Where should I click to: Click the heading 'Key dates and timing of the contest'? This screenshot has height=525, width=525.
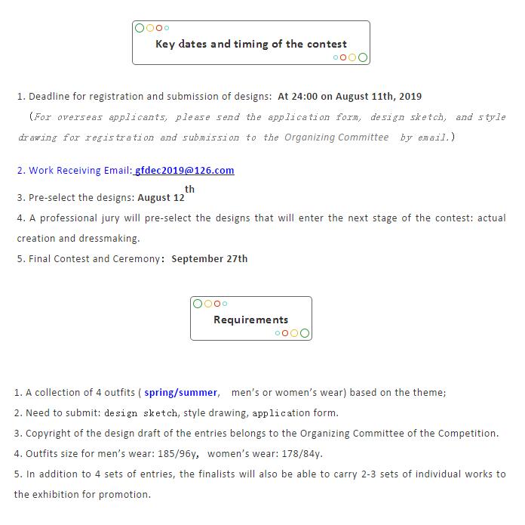250,44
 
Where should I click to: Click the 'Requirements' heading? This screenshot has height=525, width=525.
250,320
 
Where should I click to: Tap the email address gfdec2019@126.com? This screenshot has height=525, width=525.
185,171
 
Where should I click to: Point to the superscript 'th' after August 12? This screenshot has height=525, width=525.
189,190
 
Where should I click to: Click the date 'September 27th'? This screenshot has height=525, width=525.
209,258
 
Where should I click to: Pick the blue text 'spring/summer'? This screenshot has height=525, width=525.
180,393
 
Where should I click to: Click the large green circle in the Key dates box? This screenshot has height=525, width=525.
363,57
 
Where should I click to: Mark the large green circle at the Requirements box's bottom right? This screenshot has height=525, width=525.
305,333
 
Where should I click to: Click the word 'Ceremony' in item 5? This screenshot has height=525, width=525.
137,258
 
